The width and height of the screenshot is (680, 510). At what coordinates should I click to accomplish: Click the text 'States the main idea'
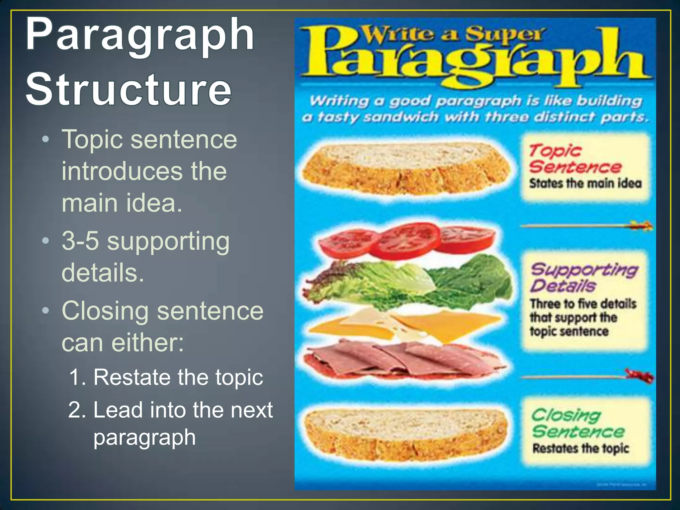(x=585, y=183)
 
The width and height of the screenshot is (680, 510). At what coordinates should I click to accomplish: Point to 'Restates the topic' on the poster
(x=581, y=448)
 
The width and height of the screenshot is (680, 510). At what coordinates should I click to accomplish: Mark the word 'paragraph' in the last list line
(x=144, y=438)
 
